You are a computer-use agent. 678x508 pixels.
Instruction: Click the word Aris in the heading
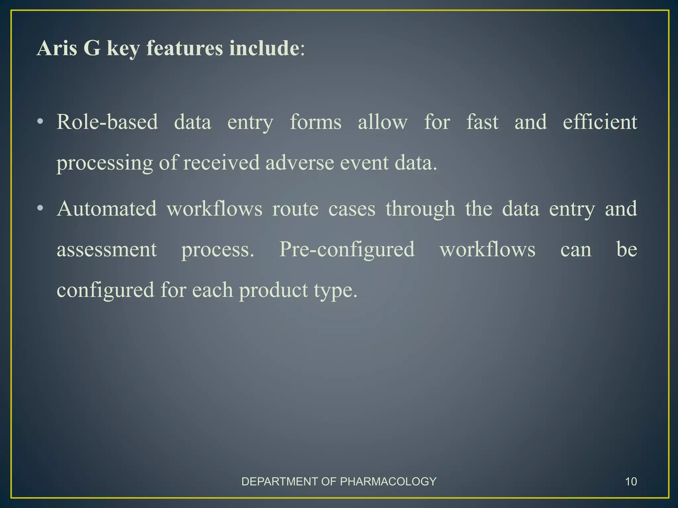pos(57,48)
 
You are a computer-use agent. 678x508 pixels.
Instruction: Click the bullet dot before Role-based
pos(40,122)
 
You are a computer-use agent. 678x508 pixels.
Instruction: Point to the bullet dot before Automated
pos(40,209)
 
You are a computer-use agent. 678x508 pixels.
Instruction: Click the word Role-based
pos(107,122)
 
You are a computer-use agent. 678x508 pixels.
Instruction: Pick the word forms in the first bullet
pos(315,122)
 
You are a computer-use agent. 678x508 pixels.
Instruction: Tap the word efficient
pos(600,122)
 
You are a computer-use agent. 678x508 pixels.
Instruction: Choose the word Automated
pos(107,209)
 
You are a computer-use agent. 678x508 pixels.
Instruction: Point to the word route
pos(295,209)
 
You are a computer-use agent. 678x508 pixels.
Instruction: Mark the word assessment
pos(107,250)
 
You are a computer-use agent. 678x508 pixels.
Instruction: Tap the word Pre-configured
pos(347,250)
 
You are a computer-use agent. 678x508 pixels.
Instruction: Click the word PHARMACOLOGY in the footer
pos(388,482)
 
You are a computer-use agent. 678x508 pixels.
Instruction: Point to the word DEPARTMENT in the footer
pos(280,482)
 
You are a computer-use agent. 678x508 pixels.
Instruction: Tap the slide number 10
pos(631,482)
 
